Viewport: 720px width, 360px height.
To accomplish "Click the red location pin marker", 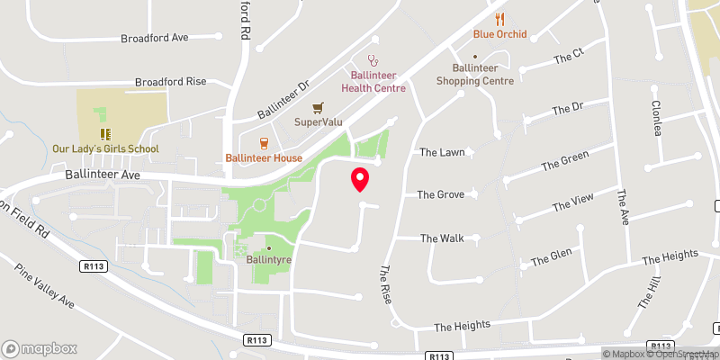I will [x=360, y=179].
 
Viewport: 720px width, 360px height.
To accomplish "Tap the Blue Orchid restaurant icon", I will [x=500, y=18].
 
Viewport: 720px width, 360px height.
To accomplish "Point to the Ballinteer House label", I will [x=264, y=158].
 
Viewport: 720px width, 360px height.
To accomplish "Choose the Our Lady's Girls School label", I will [x=105, y=148].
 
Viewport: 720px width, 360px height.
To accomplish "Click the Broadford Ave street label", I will [x=154, y=39].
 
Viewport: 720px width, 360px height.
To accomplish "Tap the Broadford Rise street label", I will [x=171, y=81].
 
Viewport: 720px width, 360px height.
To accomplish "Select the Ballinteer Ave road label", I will [x=101, y=175].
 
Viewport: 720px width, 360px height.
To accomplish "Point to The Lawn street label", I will [x=442, y=152].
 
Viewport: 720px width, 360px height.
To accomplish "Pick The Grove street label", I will [x=439, y=194].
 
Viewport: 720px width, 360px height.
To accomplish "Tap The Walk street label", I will [x=442, y=238].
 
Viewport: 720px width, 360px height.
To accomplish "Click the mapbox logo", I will [x=40, y=348].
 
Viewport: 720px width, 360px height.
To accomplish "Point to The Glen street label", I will [x=551, y=257].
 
